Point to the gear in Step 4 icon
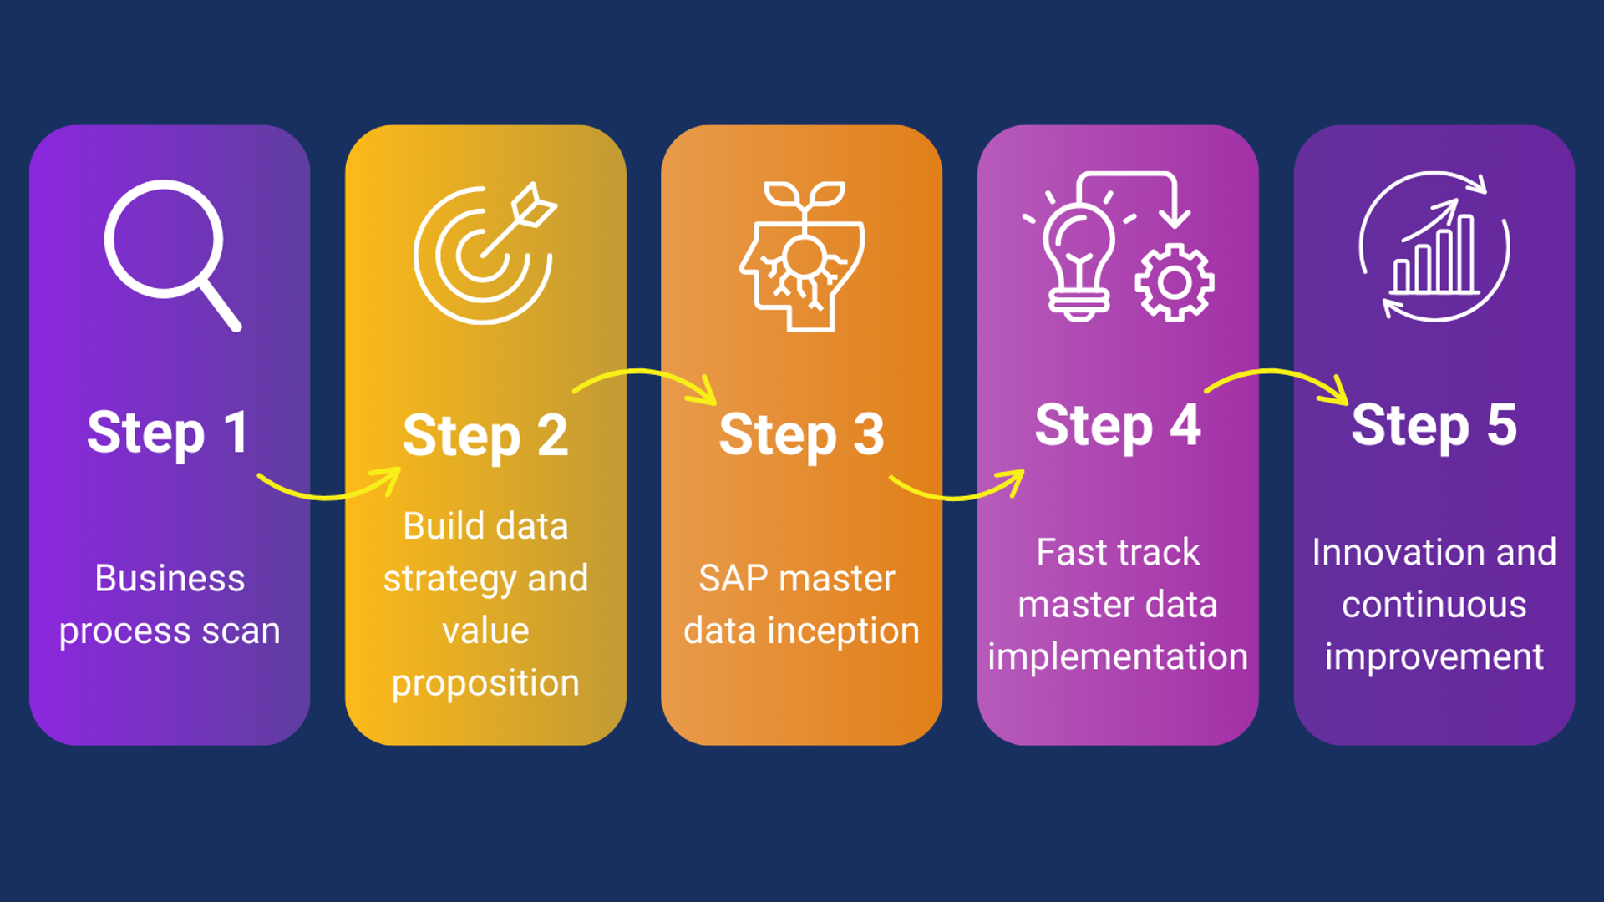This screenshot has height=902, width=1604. (x=1175, y=283)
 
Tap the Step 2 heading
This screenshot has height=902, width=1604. (x=485, y=436)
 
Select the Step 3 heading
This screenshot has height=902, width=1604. (x=801, y=435)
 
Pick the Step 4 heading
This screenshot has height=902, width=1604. (x=1118, y=426)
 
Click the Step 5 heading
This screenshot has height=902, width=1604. (x=1434, y=426)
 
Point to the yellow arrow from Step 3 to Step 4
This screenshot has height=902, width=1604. (x=957, y=492)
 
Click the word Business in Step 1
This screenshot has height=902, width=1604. (x=170, y=578)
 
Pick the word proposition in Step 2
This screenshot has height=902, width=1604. (x=485, y=684)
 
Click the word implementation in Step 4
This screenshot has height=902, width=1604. (x=1118, y=657)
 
